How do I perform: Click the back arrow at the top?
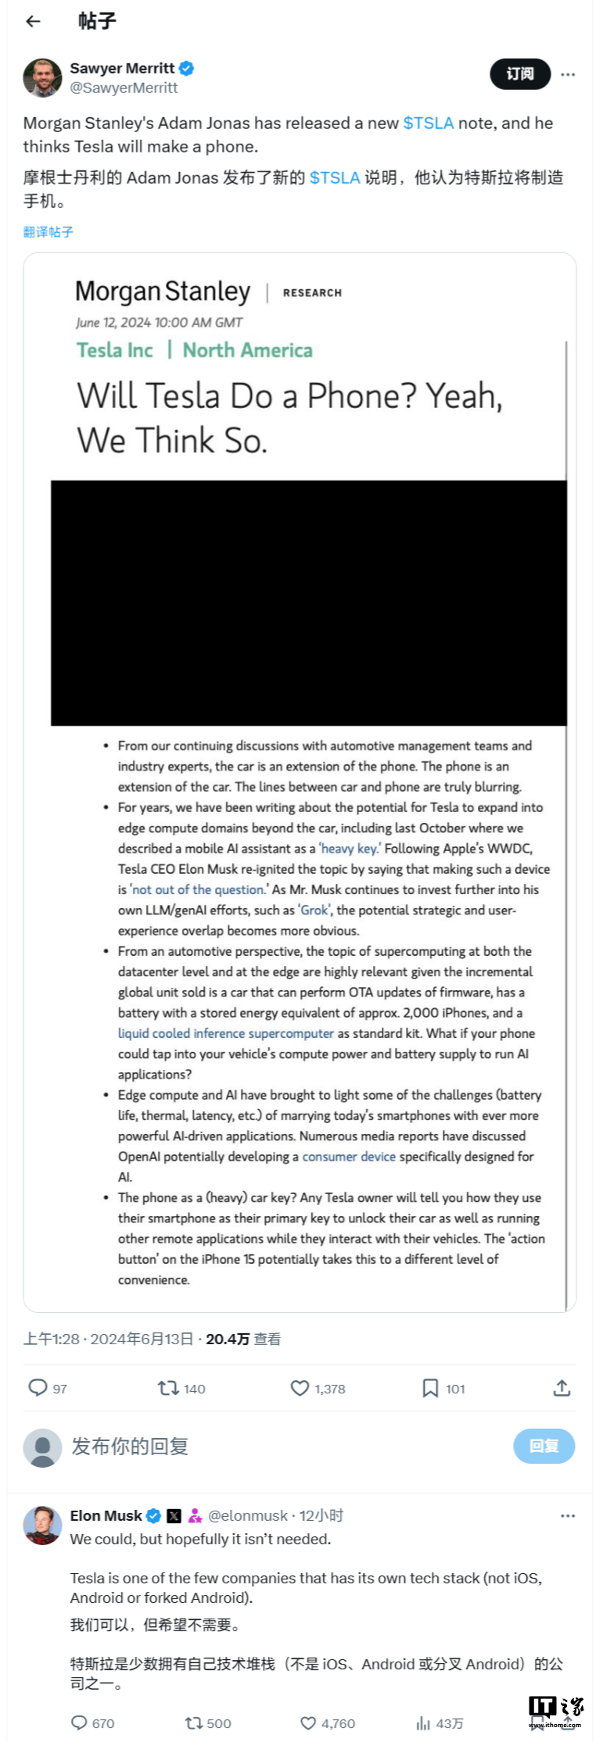(33, 21)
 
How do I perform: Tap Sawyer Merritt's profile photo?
(42, 77)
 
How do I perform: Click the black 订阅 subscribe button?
(520, 74)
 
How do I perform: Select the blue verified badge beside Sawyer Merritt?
(187, 69)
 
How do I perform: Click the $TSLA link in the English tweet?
(428, 123)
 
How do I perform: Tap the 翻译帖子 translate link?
(48, 232)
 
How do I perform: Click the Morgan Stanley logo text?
(163, 292)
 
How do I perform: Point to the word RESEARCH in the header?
(312, 293)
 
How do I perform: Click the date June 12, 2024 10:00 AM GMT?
(159, 323)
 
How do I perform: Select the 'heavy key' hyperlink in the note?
(349, 849)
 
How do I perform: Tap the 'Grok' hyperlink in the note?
(315, 910)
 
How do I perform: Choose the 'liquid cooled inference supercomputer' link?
(225, 1033)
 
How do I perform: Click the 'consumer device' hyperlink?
(349, 1157)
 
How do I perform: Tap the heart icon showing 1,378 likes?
(300, 1388)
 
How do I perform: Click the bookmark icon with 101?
(430, 1388)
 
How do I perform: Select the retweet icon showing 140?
(168, 1388)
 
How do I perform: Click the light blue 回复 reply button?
(544, 1446)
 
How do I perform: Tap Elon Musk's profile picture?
(42, 1525)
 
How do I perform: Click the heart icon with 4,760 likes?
(309, 1723)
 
